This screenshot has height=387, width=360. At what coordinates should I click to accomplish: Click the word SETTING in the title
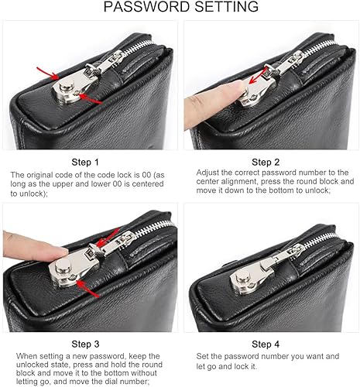coord(225,8)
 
